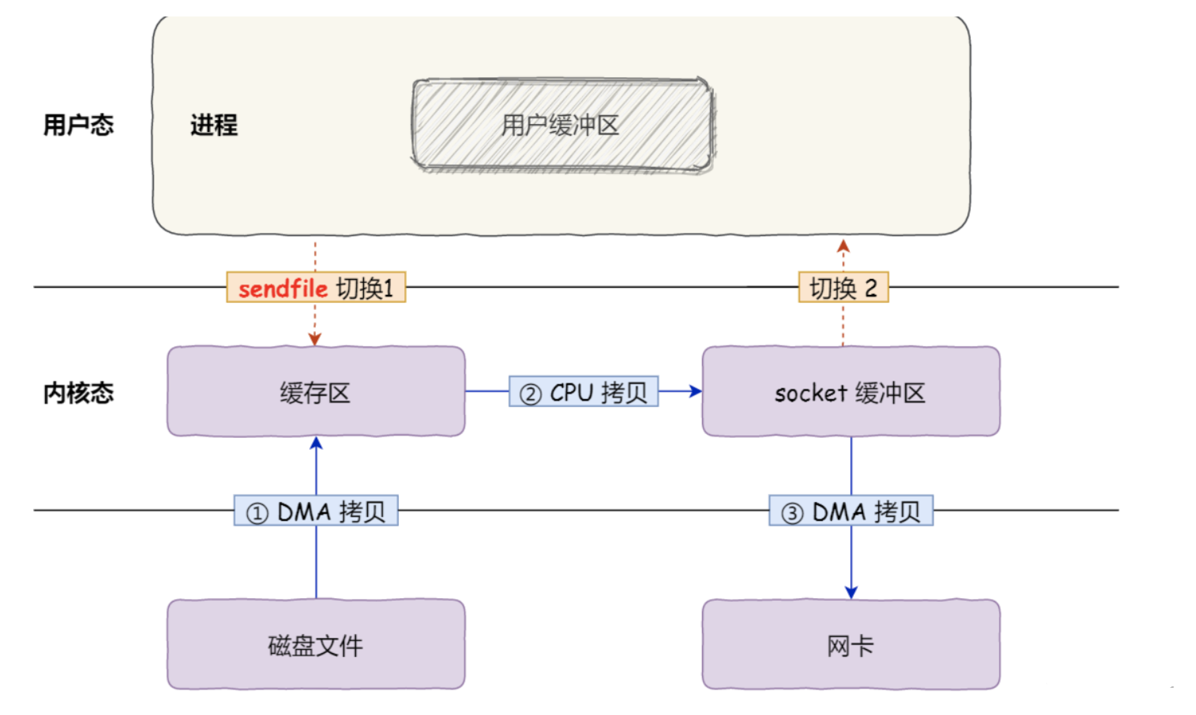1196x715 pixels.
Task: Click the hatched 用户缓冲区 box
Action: point(562,125)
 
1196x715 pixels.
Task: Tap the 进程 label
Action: point(214,125)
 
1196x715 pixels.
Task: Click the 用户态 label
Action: point(78,125)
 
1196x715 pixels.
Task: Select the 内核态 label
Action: point(78,393)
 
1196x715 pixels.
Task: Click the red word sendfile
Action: point(283,288)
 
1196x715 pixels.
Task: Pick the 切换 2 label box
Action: point(843,288)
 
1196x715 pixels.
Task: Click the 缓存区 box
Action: point(315,392)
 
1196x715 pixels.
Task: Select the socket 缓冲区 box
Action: point(851,392)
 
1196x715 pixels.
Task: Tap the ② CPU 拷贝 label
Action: point(583,392)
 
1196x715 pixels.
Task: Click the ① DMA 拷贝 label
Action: point(316,511)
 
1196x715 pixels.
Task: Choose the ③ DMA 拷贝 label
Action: point(851,511)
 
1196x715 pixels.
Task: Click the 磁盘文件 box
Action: point(315,644)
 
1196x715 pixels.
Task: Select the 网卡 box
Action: point(851,644)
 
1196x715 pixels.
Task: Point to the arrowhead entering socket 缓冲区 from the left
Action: point(696,391)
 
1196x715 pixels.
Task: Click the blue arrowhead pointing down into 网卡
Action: point(851,592)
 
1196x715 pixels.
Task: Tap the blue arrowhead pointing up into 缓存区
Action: point(316,443)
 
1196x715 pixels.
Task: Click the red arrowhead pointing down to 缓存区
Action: point(314,339)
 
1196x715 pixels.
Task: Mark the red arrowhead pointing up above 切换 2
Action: point(843,247)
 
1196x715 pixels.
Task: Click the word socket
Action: point(810,394)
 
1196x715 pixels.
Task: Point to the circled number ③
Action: point(792,513)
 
